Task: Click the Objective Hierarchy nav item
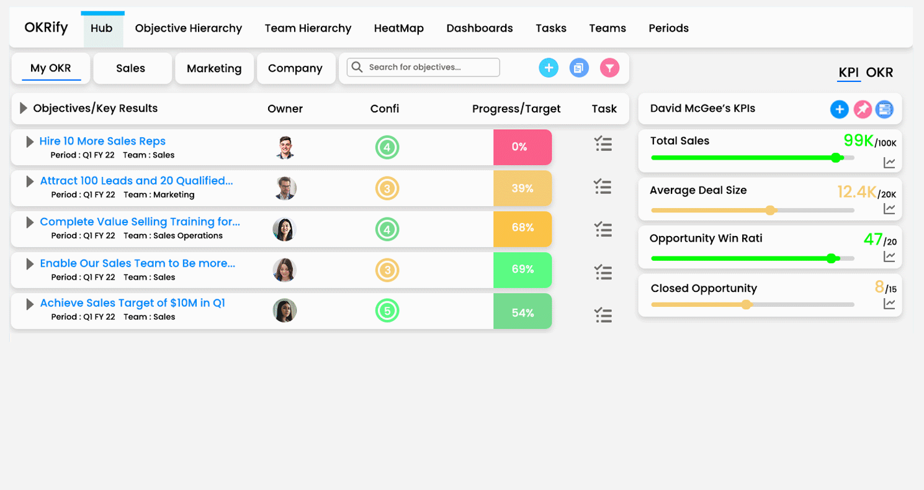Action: point(188,29)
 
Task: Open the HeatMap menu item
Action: point(398,29)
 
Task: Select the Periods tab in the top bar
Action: point(668,29)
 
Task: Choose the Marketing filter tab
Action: point(214,68)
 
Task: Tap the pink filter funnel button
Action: point(609,68)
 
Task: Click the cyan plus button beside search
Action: point(549,68)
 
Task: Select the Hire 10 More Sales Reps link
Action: point(102,141)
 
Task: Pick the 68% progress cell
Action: point(522,228)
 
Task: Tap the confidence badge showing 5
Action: point(387,311)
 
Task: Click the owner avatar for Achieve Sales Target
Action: point(285,311)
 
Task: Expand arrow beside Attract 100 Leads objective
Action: point(29,181)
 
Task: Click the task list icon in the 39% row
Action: point(603,186)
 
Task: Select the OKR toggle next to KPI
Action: point(879,73)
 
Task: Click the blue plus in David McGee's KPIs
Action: point(839,110)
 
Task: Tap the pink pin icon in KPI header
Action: point(862,110)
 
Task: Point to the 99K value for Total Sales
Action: point(859,140)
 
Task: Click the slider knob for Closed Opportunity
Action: point(747,304)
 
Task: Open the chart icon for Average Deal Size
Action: point(889,209)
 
